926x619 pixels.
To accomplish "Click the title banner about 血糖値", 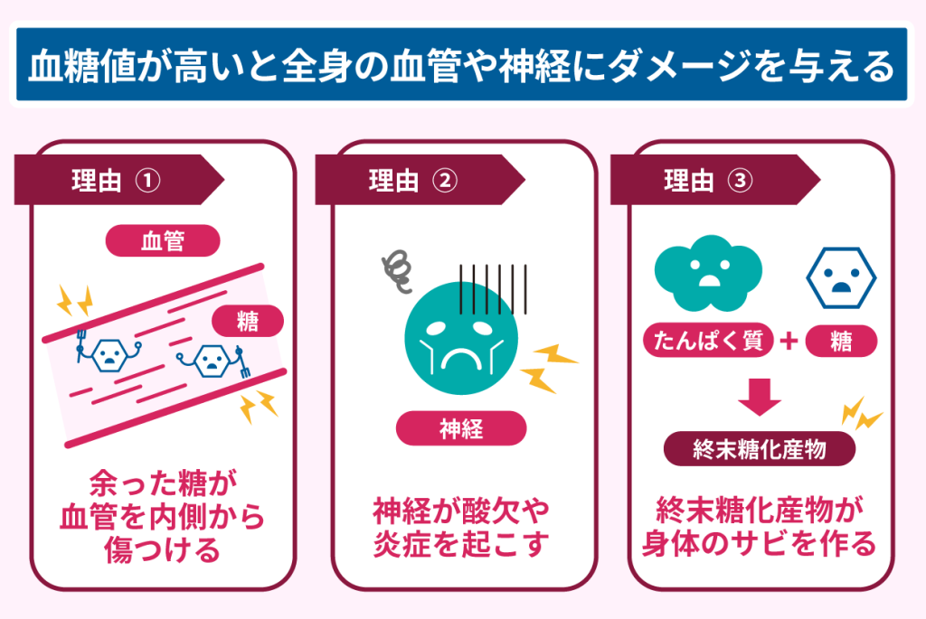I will pyautogui.click(x=462, y=66).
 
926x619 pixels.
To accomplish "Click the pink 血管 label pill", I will pyautogui.click(x=164, y=241).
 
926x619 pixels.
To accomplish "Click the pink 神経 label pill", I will pyautogui.click(x=461, y=429).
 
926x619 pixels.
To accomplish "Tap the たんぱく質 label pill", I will pyautogui.click(x=708, y=342).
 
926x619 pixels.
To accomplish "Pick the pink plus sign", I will pyautogui.click(x=789, y=342).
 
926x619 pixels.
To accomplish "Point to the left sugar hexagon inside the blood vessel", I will pyautogui.click(x=109, y=352).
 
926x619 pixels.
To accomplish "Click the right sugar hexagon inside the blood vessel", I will pyautogui.click(x=211, y=361).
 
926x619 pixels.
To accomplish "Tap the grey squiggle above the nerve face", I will pyautogui.click(x=396, y=268).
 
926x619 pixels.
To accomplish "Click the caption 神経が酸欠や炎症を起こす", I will pyautogui.click(x=461, y=529).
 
